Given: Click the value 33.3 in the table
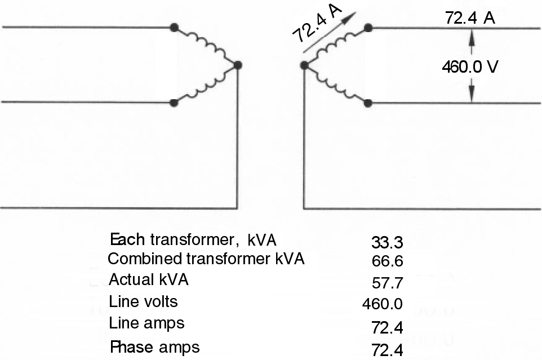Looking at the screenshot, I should point(386,243).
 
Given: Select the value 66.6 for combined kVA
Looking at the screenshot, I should point(386,261).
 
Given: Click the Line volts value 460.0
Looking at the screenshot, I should point(382,305).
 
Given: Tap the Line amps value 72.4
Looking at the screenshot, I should point(386,327).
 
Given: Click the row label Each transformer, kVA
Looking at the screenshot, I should point(193,240).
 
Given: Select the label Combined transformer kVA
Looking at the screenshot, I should point(206,259).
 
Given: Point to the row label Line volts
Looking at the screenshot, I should point(143,302).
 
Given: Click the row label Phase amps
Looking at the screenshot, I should point(154,346).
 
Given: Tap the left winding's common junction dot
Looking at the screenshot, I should point(238,65).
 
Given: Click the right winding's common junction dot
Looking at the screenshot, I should point(304,65).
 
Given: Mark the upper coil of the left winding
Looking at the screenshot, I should point(206,45).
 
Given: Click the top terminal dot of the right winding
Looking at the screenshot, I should point(368,27).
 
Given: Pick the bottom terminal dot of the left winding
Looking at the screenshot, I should point(174,103).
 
